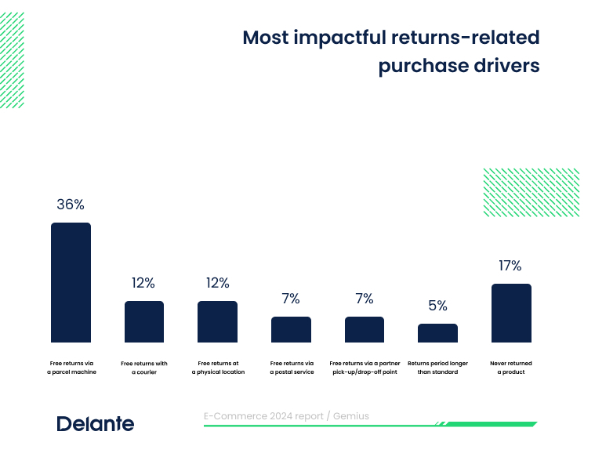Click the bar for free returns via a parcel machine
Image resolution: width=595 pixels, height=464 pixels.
71,283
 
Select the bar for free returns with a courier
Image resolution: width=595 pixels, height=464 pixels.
144,322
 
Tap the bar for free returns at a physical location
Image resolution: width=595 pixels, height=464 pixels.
217,322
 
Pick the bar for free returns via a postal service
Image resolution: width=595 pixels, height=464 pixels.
291,330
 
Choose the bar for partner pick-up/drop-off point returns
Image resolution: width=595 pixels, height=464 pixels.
365,330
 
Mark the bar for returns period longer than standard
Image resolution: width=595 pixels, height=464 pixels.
437,333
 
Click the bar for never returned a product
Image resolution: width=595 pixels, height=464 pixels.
511,314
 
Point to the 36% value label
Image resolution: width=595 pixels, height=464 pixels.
71,205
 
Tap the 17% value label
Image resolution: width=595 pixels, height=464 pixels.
510,266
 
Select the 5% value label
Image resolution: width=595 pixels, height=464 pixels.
437,306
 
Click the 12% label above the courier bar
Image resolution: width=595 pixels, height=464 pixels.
143,283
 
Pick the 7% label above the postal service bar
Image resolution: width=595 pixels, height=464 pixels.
291,299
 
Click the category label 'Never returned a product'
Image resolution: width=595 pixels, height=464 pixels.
510,368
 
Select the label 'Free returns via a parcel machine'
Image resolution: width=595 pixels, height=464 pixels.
71,368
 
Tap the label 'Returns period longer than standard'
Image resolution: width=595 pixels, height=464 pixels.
437,368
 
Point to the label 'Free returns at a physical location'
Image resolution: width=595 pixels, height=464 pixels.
218,368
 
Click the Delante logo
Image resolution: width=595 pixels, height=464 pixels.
96,424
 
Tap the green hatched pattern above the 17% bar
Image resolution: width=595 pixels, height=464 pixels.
531,192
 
